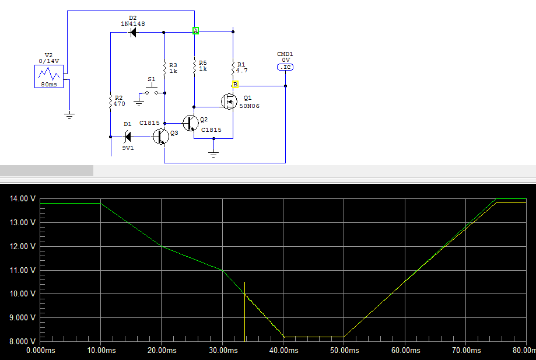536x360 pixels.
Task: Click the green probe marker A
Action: click(196, 30)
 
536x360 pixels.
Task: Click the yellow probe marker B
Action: click(235, 85)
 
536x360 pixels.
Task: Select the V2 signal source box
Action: click(48, 76)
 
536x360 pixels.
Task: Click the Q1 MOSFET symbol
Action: click(228, 102)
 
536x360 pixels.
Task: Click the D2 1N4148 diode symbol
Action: click(132, 33)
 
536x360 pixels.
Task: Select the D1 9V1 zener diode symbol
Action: click(128, 137)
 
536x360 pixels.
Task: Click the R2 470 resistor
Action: click(110, 102)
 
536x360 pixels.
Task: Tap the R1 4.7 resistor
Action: click(233, 68)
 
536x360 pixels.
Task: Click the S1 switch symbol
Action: click(151, 91)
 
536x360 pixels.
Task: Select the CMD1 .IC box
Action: click(285, 68)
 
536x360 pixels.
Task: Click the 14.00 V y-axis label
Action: click(23, 199)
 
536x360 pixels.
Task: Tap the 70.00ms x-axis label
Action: click(465, 351)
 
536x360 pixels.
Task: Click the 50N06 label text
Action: click(249, 106)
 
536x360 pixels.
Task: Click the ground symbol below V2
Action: click(69, 116)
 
